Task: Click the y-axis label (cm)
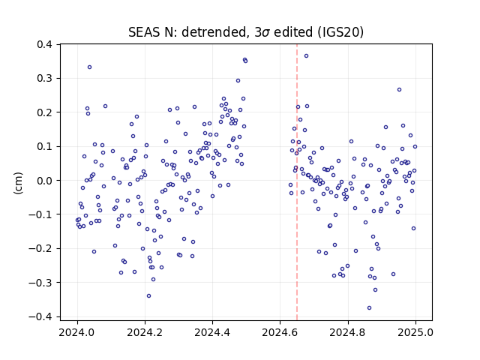[x=18, y=183]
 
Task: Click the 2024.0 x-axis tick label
[x=77, y=332]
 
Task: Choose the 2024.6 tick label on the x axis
[x=280, y=332]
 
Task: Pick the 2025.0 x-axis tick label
[x=415, y=332]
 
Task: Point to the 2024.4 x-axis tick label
[x=212, y=332]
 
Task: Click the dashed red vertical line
[x=297, y=182]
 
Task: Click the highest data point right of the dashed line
[x=306, y=56]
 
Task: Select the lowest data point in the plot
[x=369, y=308]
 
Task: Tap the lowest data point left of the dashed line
[x=148, y=296]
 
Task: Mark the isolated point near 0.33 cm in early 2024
[x=89, y=67]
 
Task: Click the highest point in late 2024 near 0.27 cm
[x=399, y=90]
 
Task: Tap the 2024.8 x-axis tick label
[x=348, y=332]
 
